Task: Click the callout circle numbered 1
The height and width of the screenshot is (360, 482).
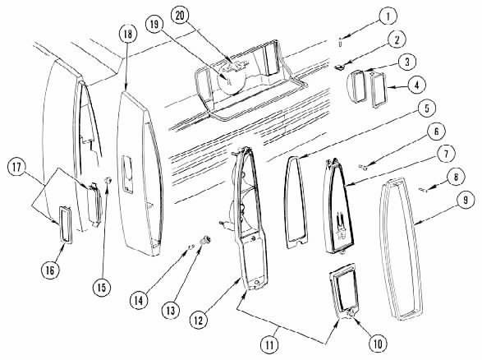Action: pyautogui.click(x=388, y=16)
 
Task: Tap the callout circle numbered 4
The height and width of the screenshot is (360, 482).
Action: pyautogui.click(x=416, y=85)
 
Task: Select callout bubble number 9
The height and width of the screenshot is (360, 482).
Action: pyautogui.click(x=466, y=200)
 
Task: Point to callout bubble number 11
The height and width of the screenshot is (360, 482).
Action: pyautogui.click(x=269, y=344)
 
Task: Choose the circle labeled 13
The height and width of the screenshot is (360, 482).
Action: pyautogui.click(x=171, y=310)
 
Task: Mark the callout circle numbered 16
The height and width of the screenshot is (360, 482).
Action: pyautogui.click(x=50, y=270)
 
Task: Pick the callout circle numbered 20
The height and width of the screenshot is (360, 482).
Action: pyautogui.click(x=180, y=16)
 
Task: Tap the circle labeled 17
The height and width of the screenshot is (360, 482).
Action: pyautogui.click(x=16, y=167)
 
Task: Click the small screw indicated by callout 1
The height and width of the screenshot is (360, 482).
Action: pyautogui.click(x=340, y=42)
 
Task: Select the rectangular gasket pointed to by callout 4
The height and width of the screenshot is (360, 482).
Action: pyautogui.click(x=379, y=90)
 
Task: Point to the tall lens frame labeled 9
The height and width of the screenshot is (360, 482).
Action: pyautogui.click(x=401, y=248)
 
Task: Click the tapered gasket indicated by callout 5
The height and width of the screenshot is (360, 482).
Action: pyautogui.click(x=296, y=202)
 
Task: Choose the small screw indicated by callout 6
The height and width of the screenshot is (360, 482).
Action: pyautogui.click(x=363, y=167)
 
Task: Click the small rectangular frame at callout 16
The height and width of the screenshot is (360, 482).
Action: pyautogui.click(x=65, y=225)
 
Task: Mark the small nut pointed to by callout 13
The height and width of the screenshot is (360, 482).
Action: pyautogui.click(x=205, y=239)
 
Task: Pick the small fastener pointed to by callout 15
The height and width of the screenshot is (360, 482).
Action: pyautogui.click(x=108, y=180)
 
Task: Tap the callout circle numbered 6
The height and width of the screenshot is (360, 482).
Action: pyautogui.click(x=436, y=132)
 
